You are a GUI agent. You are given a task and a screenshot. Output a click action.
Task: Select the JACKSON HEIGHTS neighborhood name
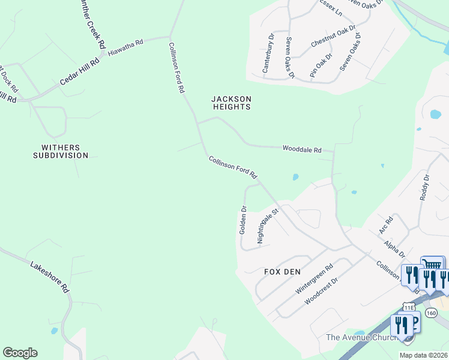(231, 103)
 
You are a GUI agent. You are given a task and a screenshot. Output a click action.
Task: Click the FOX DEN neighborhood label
(282, 271)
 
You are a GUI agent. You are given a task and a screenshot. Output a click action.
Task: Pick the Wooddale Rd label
(302, 149)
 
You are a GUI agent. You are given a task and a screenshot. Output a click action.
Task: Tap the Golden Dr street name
(243, 220)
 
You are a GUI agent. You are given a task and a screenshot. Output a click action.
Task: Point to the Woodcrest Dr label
(322, 290)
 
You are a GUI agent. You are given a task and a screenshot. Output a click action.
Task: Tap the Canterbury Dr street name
(268, 53)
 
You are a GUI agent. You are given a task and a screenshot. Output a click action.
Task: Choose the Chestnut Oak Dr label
(333, 37)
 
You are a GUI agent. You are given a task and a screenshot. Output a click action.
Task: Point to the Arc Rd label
(385, 225)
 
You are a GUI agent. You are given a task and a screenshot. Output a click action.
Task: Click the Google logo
(20, 353)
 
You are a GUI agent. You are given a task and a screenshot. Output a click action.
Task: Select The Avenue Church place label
(362, 338)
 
